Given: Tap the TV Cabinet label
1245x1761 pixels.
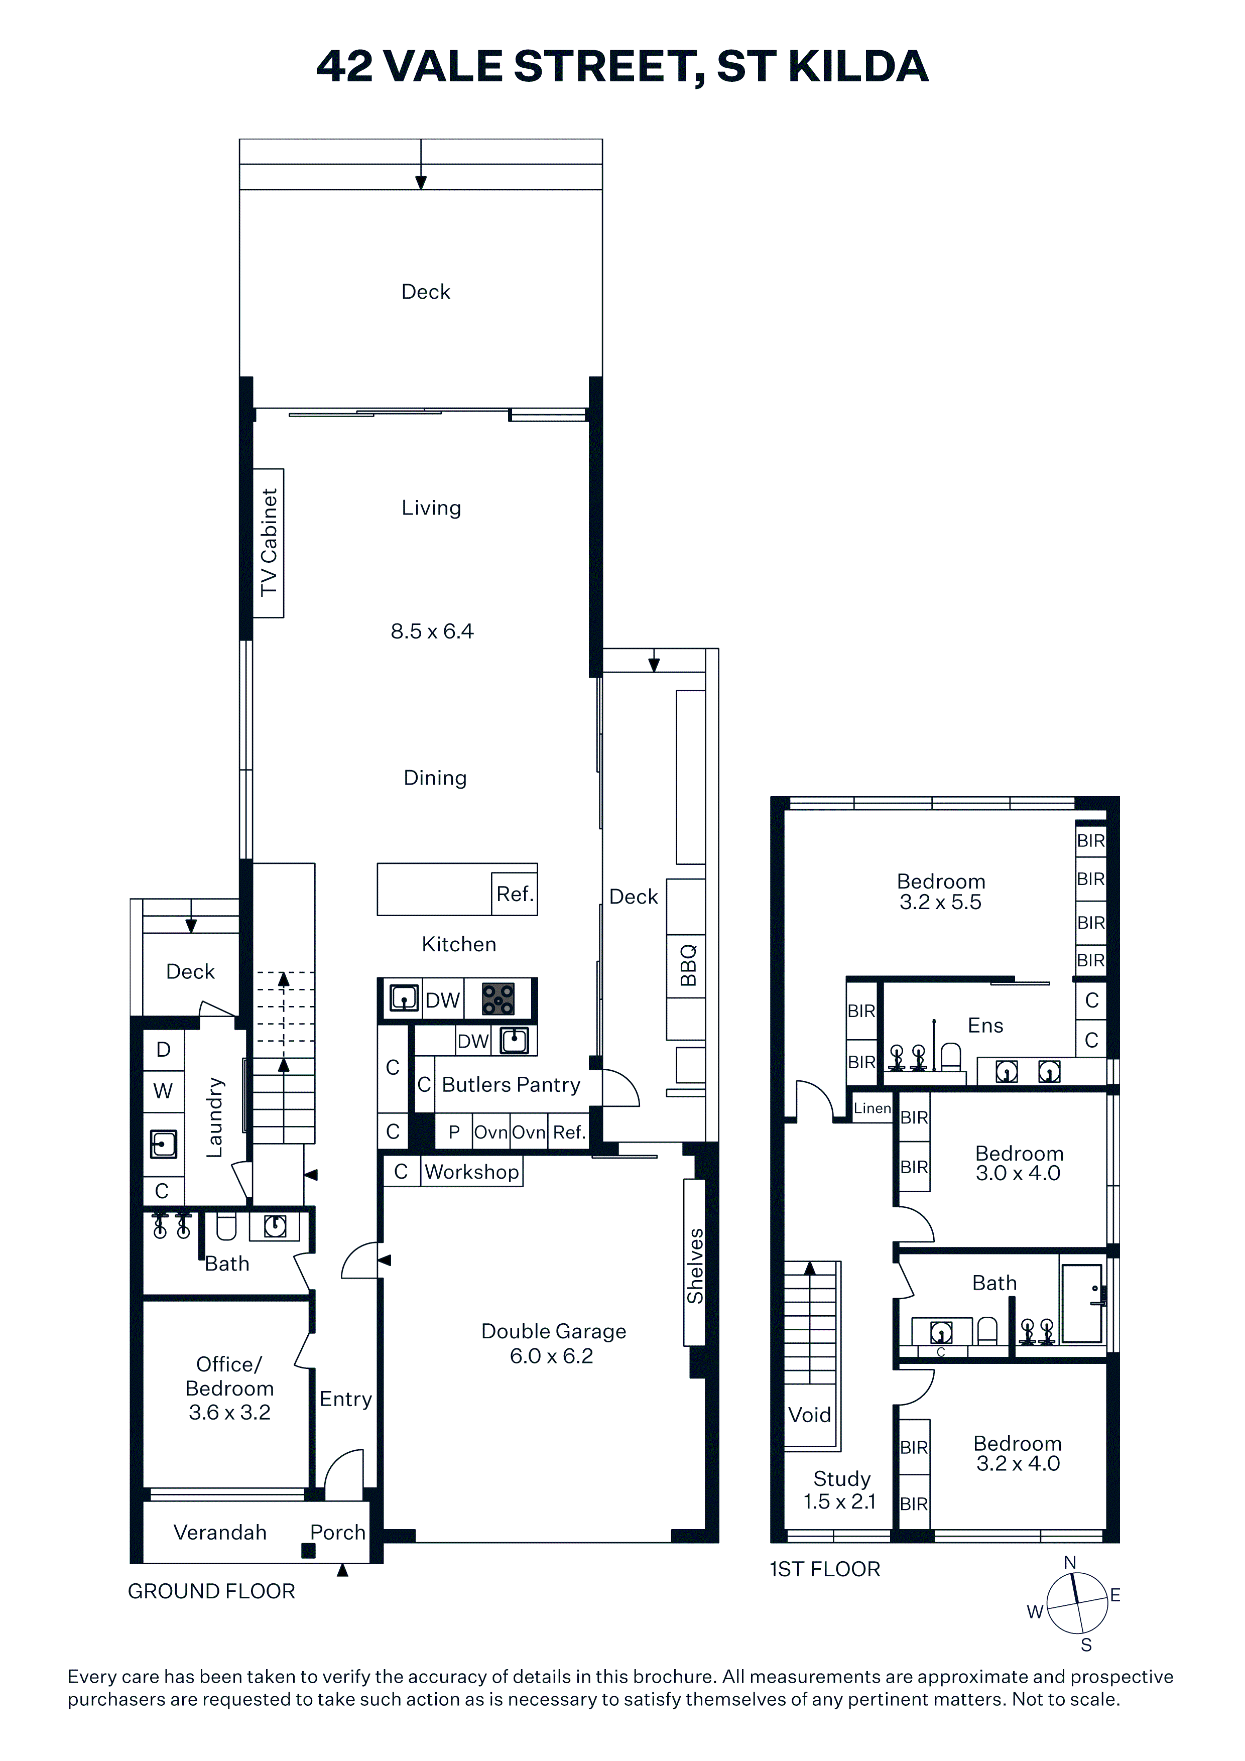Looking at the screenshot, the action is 269,542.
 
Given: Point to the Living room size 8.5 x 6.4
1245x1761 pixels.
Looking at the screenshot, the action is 432,631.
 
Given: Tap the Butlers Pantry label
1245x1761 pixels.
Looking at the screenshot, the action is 511,1084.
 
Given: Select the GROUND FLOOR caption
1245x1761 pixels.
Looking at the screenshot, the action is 211,1591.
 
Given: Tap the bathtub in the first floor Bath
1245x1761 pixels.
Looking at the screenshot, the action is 1082,1303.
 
